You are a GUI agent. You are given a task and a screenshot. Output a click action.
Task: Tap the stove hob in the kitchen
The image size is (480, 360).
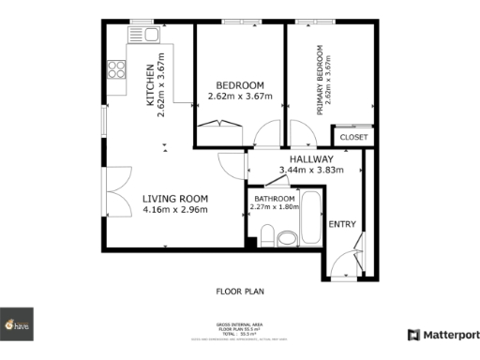pyautogui.click(x=117, y=68)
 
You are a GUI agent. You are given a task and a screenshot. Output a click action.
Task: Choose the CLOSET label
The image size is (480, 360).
pyautogui.click(x=353, y=137)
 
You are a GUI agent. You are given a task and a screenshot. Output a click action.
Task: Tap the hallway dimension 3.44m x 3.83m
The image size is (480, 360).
pyautogui.click(x=311, y=171)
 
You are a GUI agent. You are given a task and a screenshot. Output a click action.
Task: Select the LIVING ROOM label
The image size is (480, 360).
pyautogui.click(x=174, y=198)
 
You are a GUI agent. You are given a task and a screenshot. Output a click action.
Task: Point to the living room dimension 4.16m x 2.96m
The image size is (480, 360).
pyautogui.click(x=174, y=209)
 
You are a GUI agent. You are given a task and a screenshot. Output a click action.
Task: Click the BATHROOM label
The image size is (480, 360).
pyautogui.click(x=275, y=199)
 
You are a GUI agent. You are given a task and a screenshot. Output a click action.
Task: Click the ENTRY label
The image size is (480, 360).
pyautogui.click(x=341, y=223)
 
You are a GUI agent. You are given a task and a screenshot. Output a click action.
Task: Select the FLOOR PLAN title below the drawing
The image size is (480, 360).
pyautogui.click(x=239, y=292)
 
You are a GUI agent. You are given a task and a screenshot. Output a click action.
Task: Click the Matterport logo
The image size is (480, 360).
pyautogui.click(x=442, y=335)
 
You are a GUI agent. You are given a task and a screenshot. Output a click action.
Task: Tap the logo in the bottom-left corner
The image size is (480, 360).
pyautogui.click(x=17, y=324)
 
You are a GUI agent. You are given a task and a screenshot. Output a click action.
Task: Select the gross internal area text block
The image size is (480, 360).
pyautogui.click(x=239, y=331)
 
